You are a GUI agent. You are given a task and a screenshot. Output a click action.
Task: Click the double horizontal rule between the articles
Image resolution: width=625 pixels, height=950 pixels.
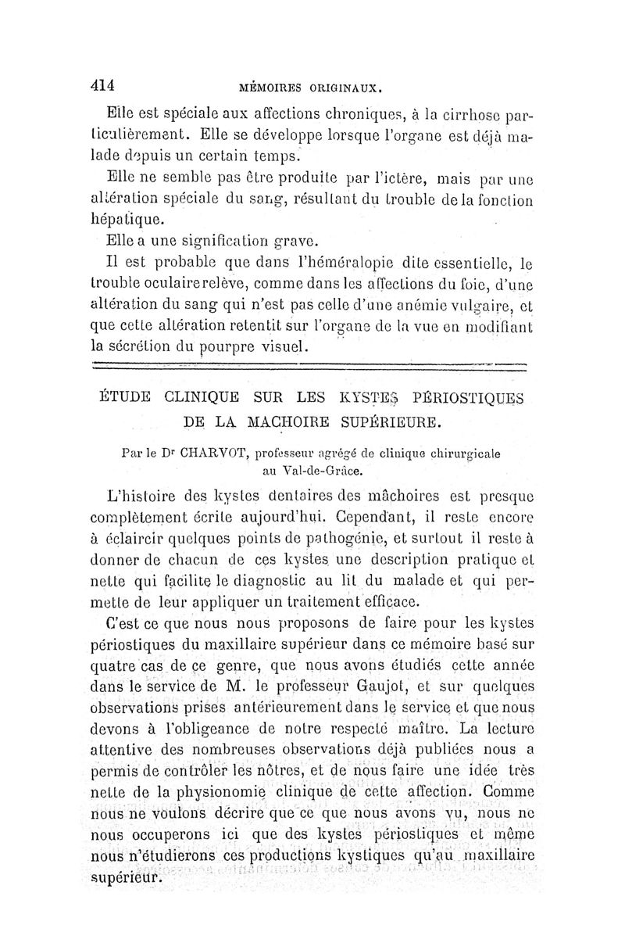tap(309, 364)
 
